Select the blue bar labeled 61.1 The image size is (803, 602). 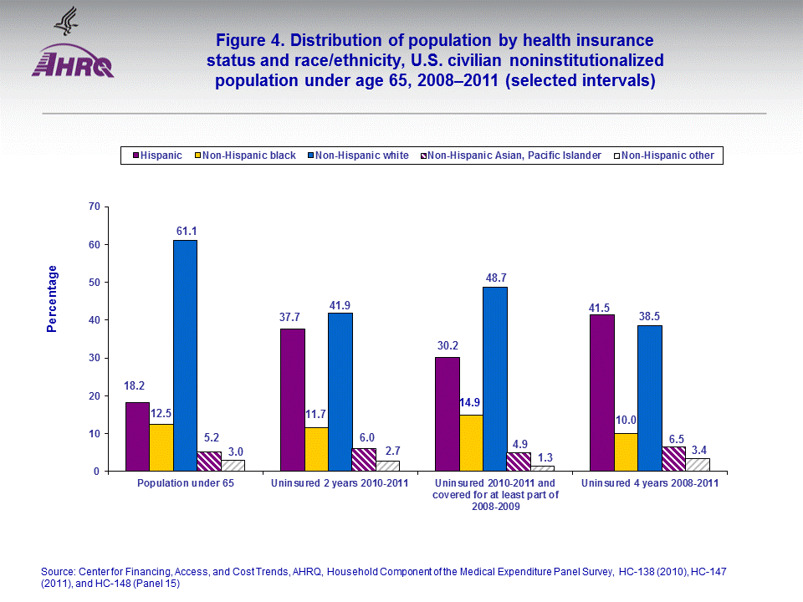point(185,355)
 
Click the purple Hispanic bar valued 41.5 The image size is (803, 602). point(601,393)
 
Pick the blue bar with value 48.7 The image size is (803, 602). point(494,379)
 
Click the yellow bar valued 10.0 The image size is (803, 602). point(625,452)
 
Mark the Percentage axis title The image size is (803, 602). point(52,298)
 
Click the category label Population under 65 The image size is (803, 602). point(185,484)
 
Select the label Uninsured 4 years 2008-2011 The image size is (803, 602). point(649,484)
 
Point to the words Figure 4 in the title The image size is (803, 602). point(248,40)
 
